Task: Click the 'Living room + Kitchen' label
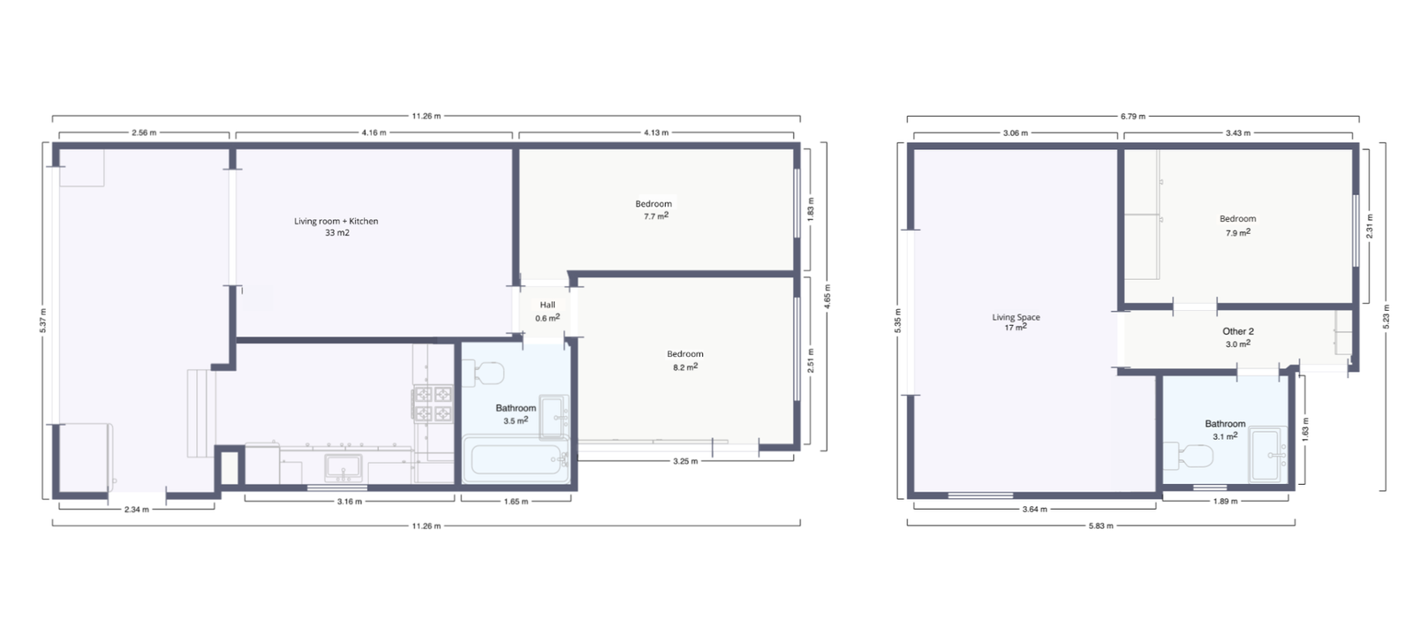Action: coord(336,222)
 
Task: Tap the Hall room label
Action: coord(548,306)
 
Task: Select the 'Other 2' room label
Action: coord(1237,331)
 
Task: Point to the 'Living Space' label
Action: coord(1016,317)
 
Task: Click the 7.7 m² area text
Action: coord(656,215)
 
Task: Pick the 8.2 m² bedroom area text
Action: coord(685,367)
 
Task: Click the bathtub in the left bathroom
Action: coord(516,458)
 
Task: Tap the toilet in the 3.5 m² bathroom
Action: coord(483,373)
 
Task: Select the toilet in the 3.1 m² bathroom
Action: coord(1188,457)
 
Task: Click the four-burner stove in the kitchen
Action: coord(432,404)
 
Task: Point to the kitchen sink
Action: coord(344,468)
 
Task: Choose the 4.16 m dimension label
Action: coord(374,133)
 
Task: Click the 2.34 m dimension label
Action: coord(137,510)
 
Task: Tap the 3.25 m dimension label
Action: coord(685,461)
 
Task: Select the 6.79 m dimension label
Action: coord(1133,117)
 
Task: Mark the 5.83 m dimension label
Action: coord(1100,525)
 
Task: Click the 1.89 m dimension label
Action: coord(1225,502)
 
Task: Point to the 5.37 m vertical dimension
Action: coord(43,321)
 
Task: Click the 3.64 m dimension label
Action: coord(1034,510)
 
